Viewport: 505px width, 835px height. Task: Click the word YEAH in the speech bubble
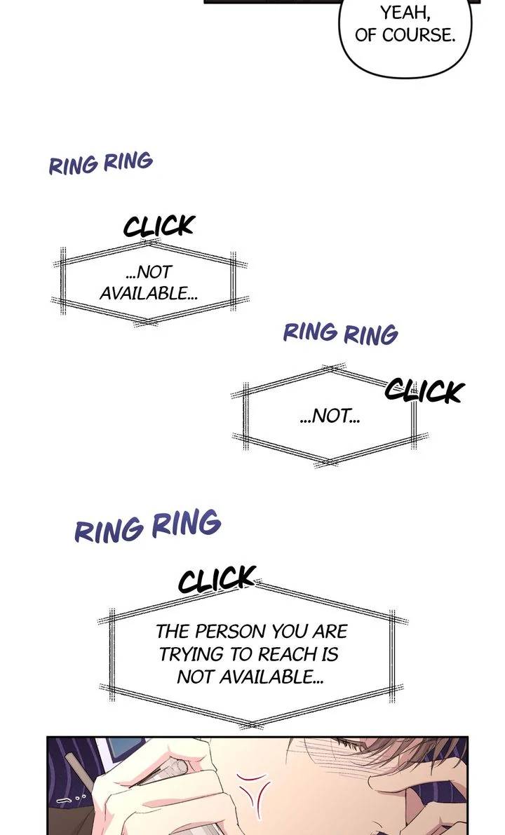click(x=404, y=12)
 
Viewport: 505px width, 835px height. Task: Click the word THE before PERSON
click(x=173, y=632)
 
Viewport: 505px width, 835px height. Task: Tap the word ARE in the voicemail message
click(x=330, y=632)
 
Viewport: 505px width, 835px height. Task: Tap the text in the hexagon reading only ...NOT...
click(x=330, y=415)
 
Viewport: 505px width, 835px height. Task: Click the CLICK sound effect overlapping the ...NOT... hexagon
click(x=424, y=391)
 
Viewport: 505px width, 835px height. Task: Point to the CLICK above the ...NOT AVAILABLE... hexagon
click(x=159, y=226)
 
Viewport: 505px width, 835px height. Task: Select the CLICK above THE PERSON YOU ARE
click(x=216, y=579)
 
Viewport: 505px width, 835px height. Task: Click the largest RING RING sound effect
click(x=147, y=526)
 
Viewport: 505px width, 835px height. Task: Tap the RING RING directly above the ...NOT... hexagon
click(x=340, y=333)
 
